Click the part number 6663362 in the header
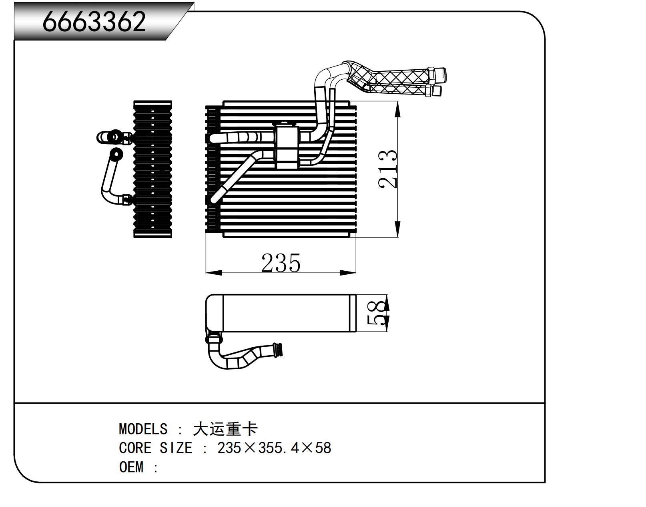(x=94, y=22)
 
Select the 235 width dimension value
(x=281, y=263)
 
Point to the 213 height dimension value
(x=388, y=169)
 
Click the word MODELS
(x=143, y=429)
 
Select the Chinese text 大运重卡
(x=225, y=429)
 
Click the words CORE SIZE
(x=155, y=448)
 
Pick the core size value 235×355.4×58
(x=274, y=448)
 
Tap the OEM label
(x=131, y=467)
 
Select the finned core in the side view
(x=152, y=169)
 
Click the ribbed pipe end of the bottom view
(x=277, y=349)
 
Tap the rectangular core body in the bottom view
(x=288, y=313)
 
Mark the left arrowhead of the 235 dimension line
(x=213, y=273)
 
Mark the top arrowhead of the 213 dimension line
(x=397, y=109)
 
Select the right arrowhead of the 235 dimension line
(x=348, y=273)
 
